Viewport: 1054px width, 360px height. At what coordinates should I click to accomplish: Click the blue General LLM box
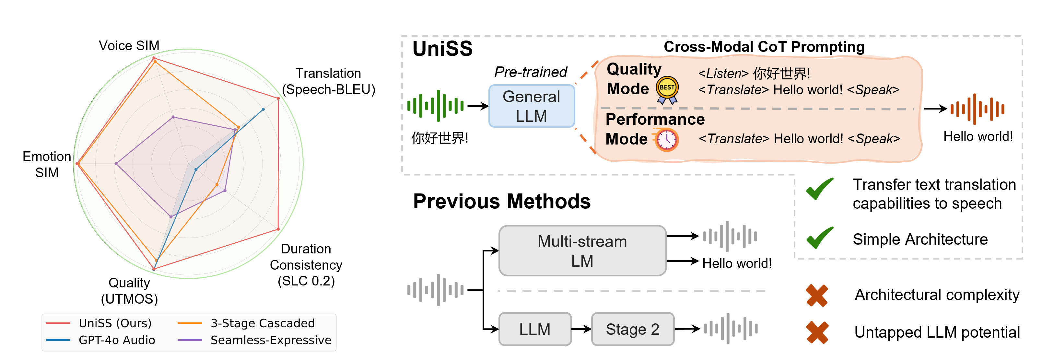pos(532,106)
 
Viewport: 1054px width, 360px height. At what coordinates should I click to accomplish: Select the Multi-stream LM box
pos(582,251)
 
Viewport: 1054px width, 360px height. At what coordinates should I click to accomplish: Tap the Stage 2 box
pos(633,329)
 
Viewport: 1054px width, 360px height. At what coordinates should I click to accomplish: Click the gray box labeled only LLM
pos(535,329)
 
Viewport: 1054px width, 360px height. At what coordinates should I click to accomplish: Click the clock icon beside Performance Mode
pos(666,140)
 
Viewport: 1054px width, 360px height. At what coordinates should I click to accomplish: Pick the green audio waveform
pos(435,106)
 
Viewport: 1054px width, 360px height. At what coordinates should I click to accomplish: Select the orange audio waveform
pos(977,109)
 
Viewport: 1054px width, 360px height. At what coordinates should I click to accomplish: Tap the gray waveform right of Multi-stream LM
pos(730,236)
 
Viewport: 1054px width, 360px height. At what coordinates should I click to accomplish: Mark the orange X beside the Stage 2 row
pos(817,332)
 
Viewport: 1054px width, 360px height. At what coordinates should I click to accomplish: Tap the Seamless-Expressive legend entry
pos(254,340)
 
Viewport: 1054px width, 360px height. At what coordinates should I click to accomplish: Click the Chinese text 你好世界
pos(781,74)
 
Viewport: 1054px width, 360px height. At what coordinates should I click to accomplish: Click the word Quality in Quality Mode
pos(634,69)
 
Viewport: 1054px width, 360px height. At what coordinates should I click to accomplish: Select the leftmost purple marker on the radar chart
pos(117,164)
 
